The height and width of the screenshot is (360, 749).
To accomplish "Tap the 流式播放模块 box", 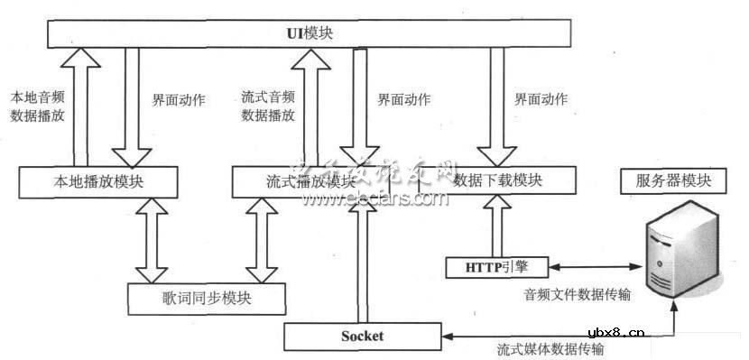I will click(298, 181).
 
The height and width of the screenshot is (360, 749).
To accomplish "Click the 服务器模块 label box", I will click(667, 180).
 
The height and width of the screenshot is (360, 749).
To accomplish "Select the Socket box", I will click(363, 337).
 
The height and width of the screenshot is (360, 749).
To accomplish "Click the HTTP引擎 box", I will click(497, 266).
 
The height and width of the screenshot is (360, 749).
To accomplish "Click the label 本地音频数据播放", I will click(36, 106).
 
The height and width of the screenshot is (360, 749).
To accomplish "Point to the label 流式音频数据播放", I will click(268, 106).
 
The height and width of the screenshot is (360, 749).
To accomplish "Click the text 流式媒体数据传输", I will click(550, 348).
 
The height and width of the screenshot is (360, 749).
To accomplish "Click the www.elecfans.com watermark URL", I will click(374, 200).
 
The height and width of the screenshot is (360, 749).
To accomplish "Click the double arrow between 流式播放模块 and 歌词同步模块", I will click(264, 239).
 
